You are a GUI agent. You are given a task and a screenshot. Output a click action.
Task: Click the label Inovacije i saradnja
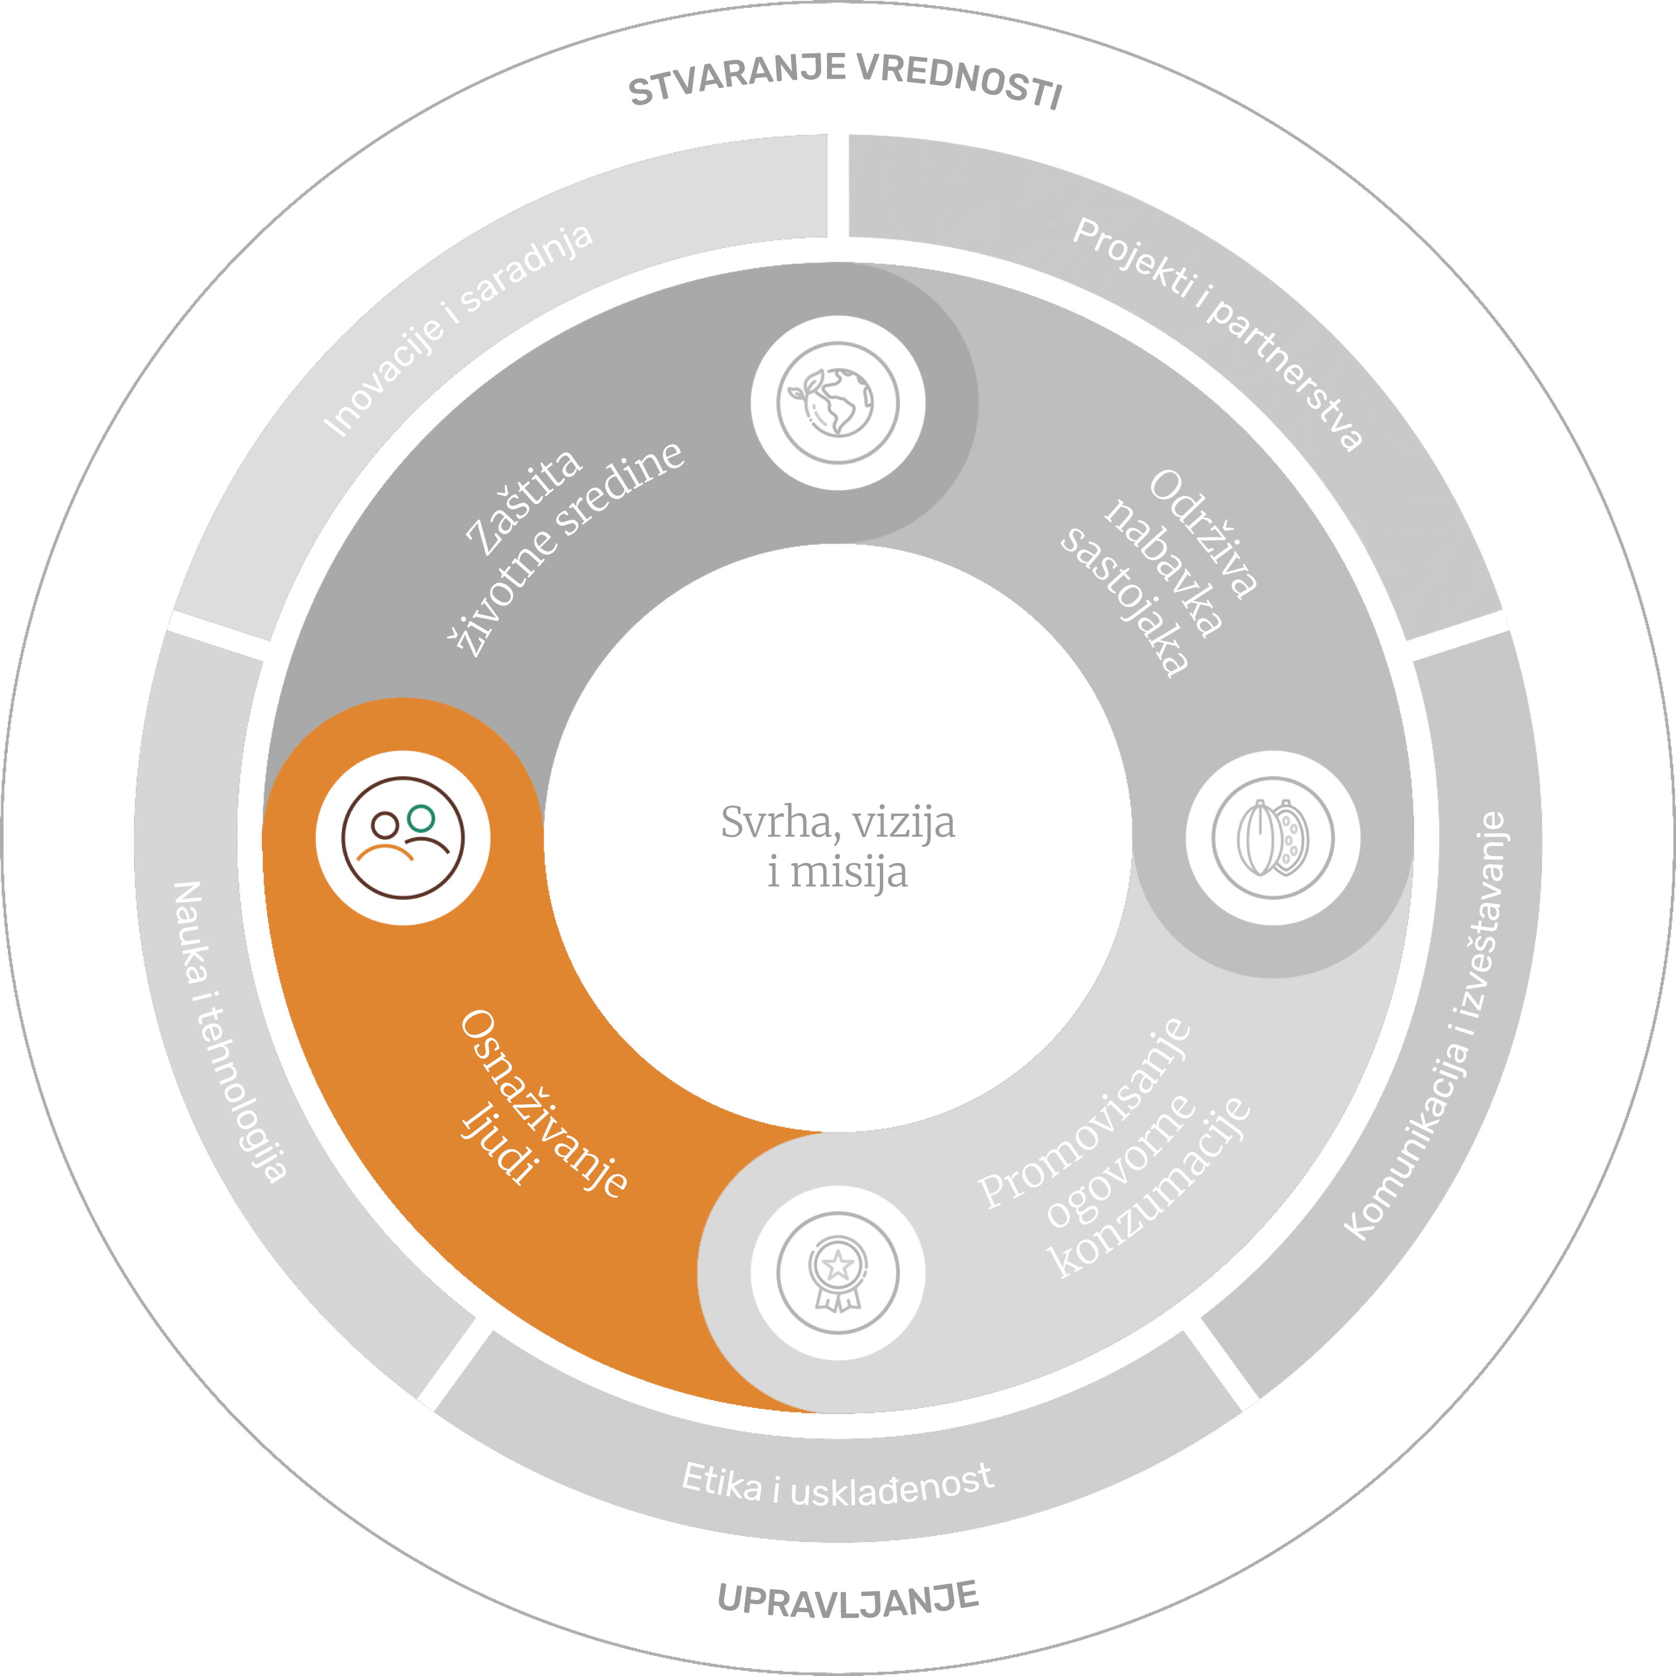pos(458,329)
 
